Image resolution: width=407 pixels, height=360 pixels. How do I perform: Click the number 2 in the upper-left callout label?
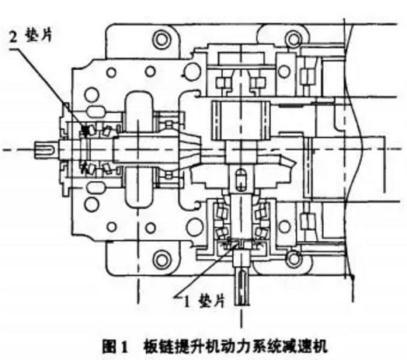13,37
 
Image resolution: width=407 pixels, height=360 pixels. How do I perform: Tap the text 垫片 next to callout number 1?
211,301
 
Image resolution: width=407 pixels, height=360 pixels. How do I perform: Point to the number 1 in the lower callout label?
186,302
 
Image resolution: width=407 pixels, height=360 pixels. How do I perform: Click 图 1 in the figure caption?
115,347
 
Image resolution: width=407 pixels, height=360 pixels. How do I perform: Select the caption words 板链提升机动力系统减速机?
235,346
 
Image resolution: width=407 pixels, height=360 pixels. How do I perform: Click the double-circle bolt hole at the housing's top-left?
162,40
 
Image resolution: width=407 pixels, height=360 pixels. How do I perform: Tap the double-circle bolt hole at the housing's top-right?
294,39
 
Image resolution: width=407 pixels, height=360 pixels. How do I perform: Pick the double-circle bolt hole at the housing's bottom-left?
162,259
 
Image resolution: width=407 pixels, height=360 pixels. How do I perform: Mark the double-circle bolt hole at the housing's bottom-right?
294,258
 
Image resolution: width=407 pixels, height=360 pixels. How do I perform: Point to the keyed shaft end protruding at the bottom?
242,288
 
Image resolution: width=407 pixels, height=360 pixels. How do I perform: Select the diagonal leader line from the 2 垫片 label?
49,90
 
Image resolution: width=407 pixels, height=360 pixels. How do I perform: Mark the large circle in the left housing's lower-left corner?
92,204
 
